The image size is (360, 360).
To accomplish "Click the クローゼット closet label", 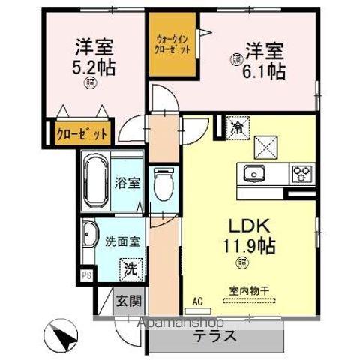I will (82, 133).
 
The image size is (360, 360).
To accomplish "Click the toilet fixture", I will (162, 184).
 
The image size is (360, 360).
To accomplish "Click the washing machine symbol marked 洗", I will (130, 266).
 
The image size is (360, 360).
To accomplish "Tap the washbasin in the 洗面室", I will (89, 234).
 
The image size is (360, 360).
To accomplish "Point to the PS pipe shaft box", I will (87, 275).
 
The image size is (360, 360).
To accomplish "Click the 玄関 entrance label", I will (128, 302).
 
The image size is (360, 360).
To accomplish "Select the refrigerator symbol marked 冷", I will (235, 127).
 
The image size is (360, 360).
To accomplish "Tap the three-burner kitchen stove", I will (302, 174).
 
